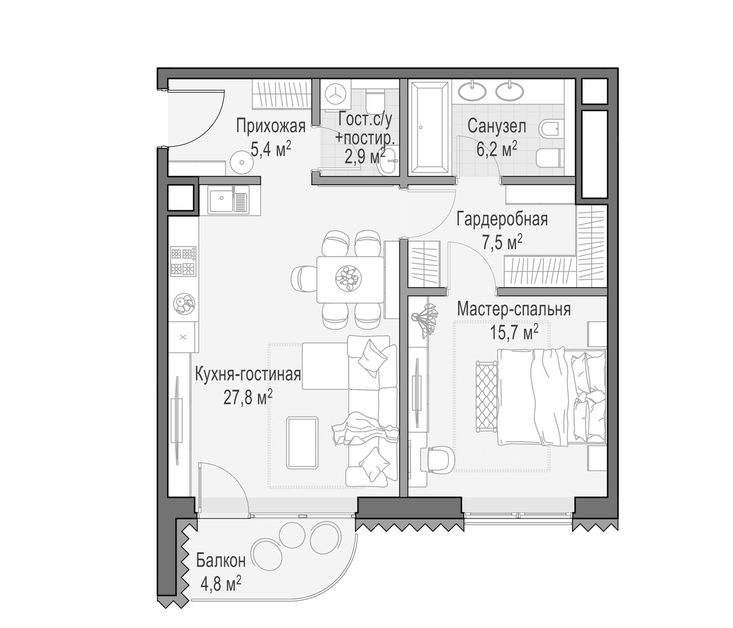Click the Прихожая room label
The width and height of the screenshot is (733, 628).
(271, 127)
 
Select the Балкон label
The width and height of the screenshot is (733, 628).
(221, 561)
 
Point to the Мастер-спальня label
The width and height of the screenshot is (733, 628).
(514, 310)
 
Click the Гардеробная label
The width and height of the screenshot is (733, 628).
(502, 219)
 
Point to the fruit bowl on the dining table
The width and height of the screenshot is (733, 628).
(348, 278)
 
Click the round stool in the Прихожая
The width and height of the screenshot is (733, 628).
(242, 162)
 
